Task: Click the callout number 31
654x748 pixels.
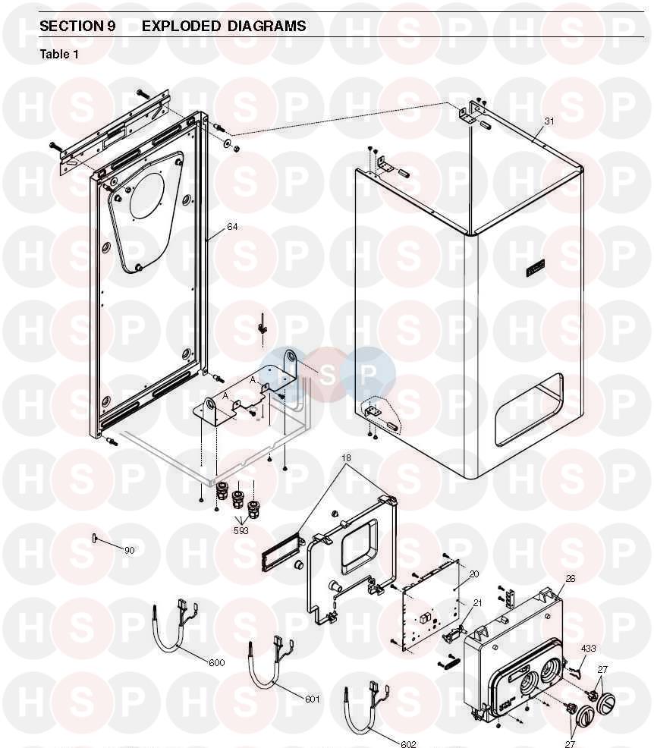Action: (x=549, y=121)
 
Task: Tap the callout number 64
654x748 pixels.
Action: (x=232, y=227)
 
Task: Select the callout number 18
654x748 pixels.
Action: (x=346, y=458)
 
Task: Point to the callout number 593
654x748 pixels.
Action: (x=241, y=530)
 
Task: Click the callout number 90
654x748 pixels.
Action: (x=129, y=551)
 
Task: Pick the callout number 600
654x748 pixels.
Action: (x=216, y=662)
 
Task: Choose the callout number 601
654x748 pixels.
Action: (x=313, y=699)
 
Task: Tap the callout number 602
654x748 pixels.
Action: (x=408, y=743)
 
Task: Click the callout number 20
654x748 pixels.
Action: (x=473, y=574)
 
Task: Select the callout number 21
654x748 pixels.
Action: (x=477, y=603)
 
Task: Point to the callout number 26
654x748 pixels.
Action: (x=571, y=579)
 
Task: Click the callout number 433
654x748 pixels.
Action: (x=588, y=649)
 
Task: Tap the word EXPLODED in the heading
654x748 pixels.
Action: (x=181, y=26)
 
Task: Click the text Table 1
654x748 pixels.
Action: (x=59, y=55)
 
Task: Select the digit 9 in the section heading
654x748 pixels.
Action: (x=111, y=26)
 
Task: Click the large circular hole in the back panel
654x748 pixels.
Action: (x=147, y=196)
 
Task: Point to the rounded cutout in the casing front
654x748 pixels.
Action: (x=529, y=410)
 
